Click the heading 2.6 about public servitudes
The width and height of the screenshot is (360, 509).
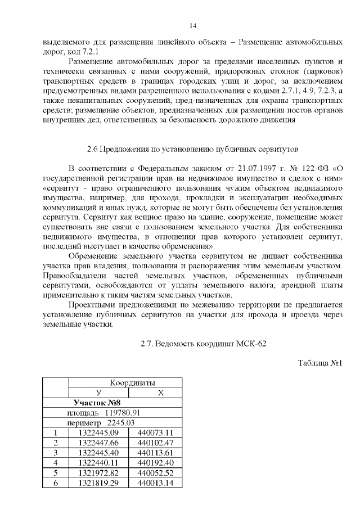coord(188,149)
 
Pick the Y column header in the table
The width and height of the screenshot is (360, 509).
coord(99,393)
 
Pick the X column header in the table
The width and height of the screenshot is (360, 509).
coord(161,393)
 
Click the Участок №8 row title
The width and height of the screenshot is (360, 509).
coord(97,403)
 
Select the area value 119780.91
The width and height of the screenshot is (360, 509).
coord(115,413)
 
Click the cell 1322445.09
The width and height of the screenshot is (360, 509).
coord(99,433)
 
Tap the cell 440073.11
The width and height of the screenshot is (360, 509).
coord(155,433)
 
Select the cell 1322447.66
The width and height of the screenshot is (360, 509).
coord(99,443)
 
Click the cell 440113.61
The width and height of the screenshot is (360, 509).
coord(155,453)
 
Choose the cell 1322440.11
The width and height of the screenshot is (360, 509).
coord(99,462)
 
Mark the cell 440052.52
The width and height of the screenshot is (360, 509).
coord(155,472)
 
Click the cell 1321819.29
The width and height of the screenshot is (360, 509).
coord(99,483)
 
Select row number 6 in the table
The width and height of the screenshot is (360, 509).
coord(56,483)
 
